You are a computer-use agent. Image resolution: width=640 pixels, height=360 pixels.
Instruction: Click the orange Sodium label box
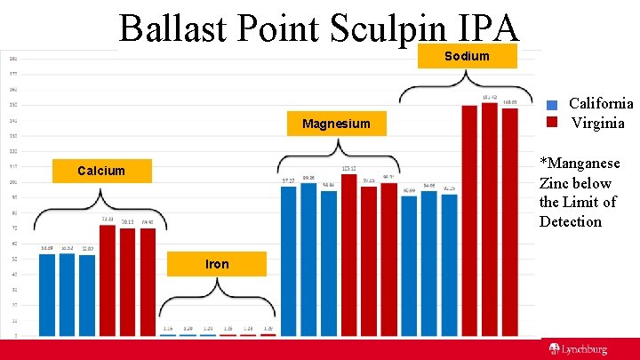pyautogui.click(x=467, y=56)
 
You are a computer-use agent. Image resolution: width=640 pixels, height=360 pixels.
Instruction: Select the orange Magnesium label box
pyautogui.click(x=335, y=124)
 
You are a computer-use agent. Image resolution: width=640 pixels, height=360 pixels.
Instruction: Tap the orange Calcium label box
pyautogui.click(x=101, y=170)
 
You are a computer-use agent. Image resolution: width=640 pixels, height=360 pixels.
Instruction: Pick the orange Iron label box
pyautogui.click(x=217, y=264)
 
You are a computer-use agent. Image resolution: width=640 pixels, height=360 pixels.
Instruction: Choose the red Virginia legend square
pyautogui.click(x=552, y=123)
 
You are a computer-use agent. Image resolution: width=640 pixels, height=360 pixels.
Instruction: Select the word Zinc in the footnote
pyautogui.click(x=556, y=183)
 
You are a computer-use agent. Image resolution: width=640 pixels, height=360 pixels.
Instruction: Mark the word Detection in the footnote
pyautogui.click(x=571, y=221)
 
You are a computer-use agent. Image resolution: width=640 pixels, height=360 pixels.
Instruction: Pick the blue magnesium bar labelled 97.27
pyautogui.click(x=288, y=261)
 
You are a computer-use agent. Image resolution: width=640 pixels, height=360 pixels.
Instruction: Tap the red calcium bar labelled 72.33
pyautogui.click(x=107, y=280)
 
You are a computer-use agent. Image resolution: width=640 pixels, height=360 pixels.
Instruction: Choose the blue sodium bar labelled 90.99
pyautogui.click(x=409, y=266)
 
